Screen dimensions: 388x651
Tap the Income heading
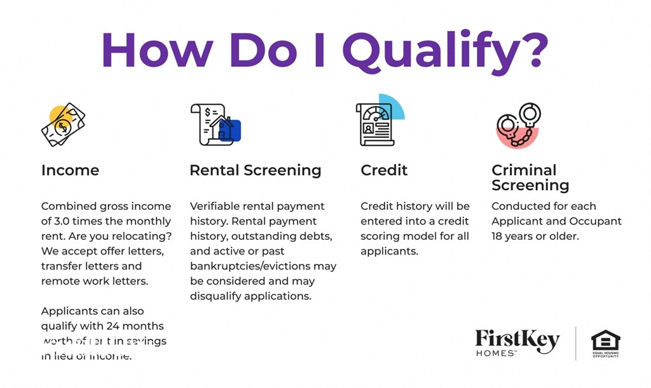[x=70, y=170]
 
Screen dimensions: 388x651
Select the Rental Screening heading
[x=255, y=170]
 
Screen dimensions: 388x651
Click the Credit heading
[x=384, y=170]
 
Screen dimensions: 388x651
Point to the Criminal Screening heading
[x=530, y=178]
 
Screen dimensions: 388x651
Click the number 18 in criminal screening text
[x=499, y=237]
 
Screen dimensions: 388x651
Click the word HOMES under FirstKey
[x=495, y=353]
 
